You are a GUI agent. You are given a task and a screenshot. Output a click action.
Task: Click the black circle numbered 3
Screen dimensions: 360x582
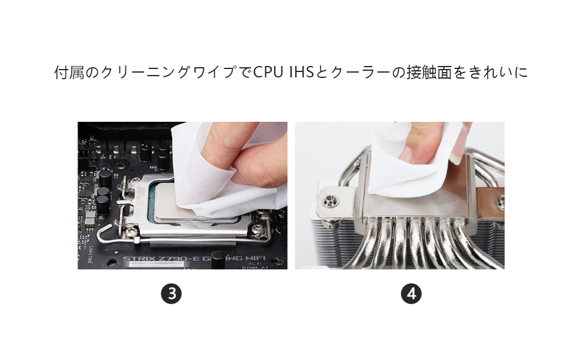click(171, 294)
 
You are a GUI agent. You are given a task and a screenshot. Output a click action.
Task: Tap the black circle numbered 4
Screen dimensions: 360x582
click(411, 294)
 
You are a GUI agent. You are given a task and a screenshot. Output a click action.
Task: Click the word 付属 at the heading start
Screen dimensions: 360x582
click(65, 73)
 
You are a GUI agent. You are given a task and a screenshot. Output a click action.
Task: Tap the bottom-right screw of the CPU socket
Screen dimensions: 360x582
click(259, 228)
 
